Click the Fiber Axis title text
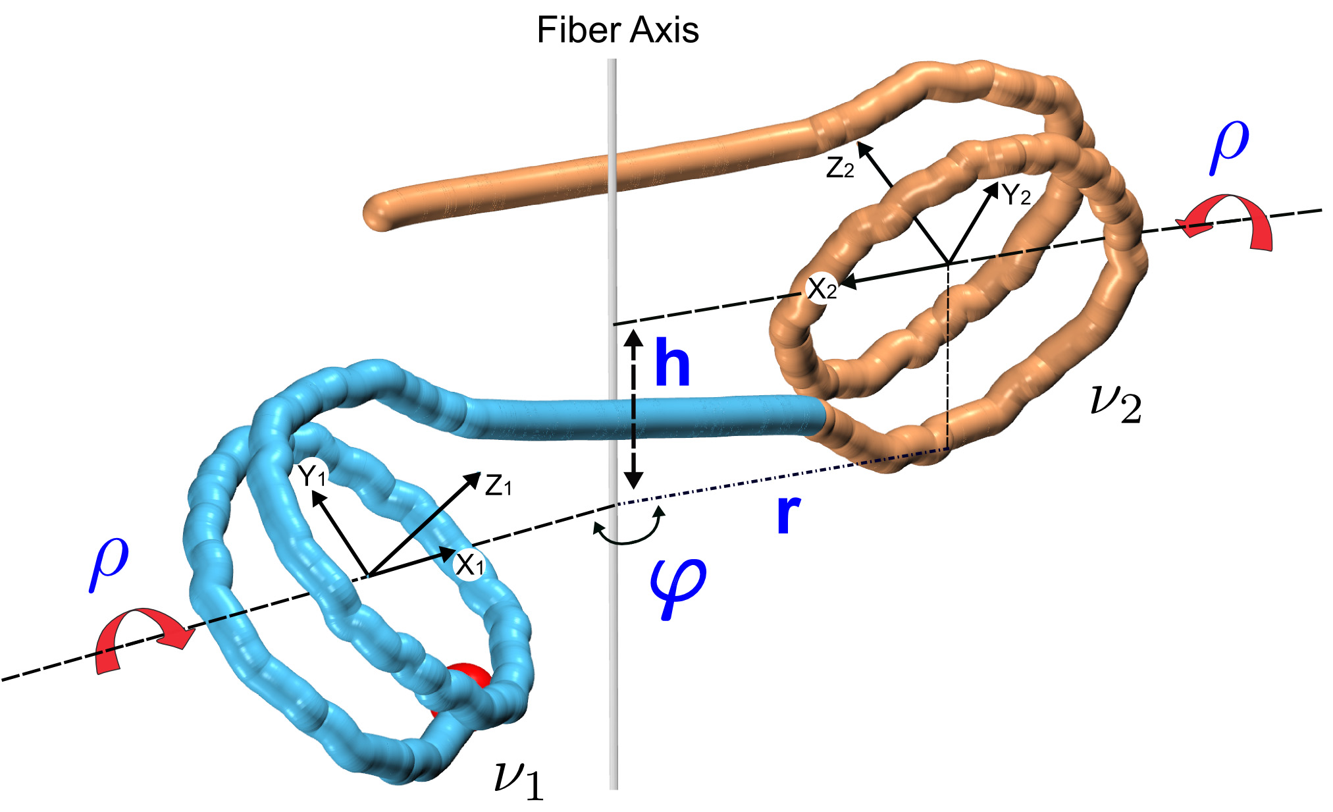[617, 30]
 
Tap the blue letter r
[788, 514]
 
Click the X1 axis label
[470, 564]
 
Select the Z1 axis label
[498, 486]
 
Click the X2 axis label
[822, 288]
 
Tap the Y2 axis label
[1016, 195]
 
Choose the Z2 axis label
[840, 169]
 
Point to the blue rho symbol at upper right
[1229, 146]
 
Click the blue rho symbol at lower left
[109, 562]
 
